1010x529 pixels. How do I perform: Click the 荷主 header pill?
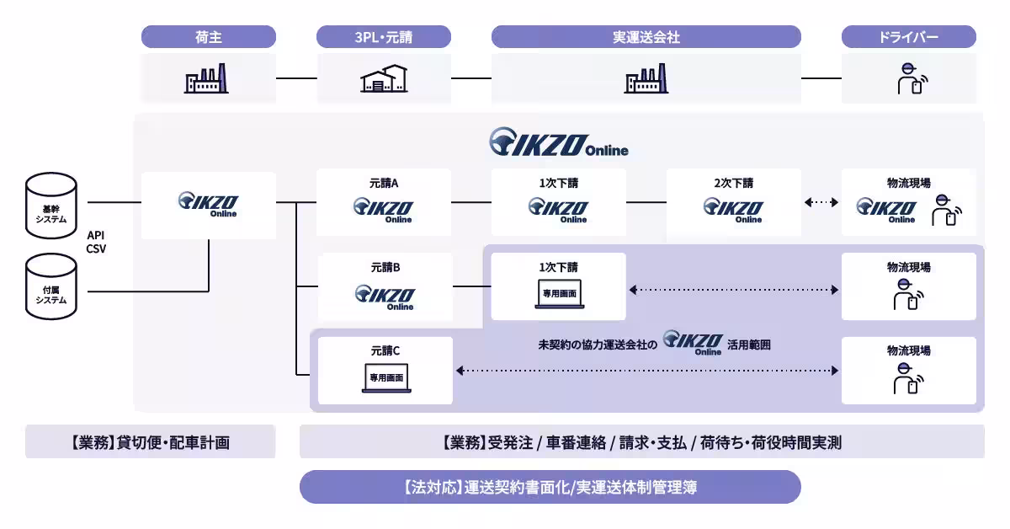(x=208, y=37)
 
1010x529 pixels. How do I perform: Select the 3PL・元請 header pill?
(x=383, y=37)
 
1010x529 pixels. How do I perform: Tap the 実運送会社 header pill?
(x=646, y=37)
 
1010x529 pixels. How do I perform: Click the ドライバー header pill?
(x=908, y=37)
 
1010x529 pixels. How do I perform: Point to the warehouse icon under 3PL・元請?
(x=383, y=78)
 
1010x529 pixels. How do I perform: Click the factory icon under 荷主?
(x=207, y=78)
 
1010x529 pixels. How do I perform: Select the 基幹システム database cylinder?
(x=51, y=203)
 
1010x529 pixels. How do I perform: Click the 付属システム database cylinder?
(x=51, y=286)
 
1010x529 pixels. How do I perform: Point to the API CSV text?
(x=96, y=243)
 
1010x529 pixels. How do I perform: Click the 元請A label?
(x=384, y=183)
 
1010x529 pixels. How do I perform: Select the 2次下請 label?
(x=734, y=183)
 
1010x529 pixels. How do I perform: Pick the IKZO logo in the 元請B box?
(x=384, y=295)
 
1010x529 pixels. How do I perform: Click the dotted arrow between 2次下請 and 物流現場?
(x=821, y=202)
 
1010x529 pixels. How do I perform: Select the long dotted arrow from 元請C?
(x=646, y=371)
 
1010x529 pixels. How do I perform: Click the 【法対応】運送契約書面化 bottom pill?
(x=550, y=487)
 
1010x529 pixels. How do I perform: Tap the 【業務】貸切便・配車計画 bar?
(x=150, y=441)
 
